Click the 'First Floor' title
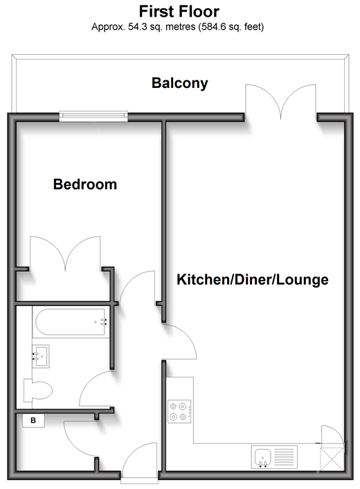point(179,12)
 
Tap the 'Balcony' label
point(180,83)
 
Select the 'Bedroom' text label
point(85,184)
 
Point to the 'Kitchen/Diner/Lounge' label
point(253,279)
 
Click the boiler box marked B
point(33,420)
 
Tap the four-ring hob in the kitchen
point(179,411)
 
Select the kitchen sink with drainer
point(274,457)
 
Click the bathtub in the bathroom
point(71,322)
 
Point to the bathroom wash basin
point(41,356)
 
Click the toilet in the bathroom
point(38,390)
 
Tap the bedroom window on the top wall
point(93,116)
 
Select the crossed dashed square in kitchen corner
point(332,459)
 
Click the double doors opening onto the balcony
point(281,102)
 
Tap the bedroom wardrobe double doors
point(65,254)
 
